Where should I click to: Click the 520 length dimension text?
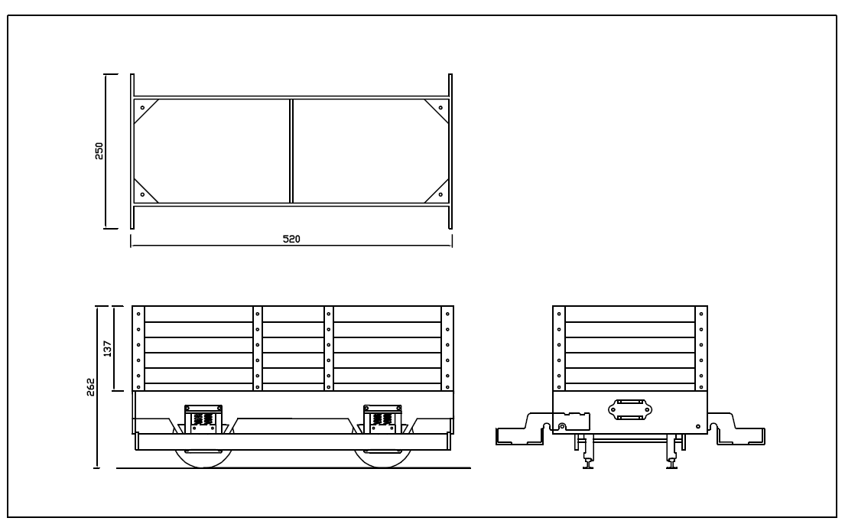click(x=291, y=239)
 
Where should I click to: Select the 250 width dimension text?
click(x=99, y=150)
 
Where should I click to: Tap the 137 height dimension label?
click(x=108, y=349)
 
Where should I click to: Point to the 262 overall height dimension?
click(x=91, y=386)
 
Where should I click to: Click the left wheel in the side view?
click(x=203, y=457)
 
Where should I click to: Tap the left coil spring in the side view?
click(x=203, y=419)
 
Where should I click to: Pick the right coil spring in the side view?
click(x=379, y=419)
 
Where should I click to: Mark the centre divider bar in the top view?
click(x=291, y=151)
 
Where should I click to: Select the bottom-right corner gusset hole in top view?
click(x=441, y=194)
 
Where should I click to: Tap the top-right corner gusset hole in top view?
click(x=441, y=108)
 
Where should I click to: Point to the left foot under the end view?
click(x=587, y=463)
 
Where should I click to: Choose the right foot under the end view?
click(x=671, y=463)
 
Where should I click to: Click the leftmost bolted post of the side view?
click(x=138, y=349)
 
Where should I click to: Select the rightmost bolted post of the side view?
click(x=447, y=349)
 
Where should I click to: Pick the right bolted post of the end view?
click(x=700, y=349)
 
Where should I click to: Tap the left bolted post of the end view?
click(x=559, y=349)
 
